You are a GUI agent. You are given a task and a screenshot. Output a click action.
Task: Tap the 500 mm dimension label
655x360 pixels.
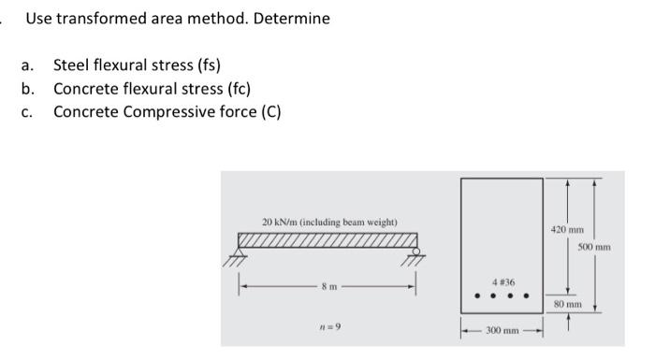coord(594,247)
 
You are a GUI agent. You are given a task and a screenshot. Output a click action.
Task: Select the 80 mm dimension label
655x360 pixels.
coord(567,304)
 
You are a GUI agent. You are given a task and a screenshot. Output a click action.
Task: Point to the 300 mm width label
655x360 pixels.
coord(502,330)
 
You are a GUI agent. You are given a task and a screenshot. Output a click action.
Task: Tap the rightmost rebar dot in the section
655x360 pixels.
coord(526,298)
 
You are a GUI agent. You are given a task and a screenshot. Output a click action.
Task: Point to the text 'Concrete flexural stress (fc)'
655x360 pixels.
coord(152,89)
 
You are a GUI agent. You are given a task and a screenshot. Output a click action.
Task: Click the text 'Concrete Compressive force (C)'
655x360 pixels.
coord(167,112)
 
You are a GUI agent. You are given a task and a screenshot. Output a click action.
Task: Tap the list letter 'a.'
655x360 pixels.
coord(29,65)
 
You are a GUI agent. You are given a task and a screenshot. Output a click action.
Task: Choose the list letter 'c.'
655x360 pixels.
coord(29,112)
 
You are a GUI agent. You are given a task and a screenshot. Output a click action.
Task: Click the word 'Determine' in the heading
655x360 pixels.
coord(292,19)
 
